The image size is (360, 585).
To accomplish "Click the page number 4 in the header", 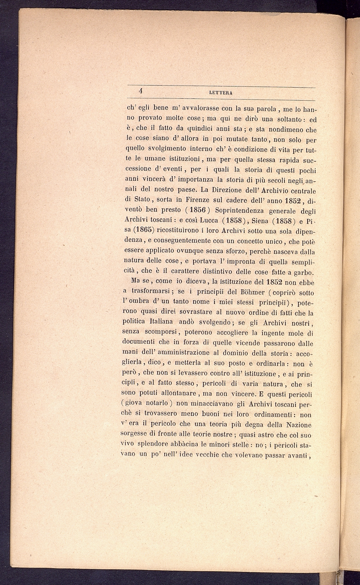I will pos(141,91).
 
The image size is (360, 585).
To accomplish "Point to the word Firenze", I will pos(199,200).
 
